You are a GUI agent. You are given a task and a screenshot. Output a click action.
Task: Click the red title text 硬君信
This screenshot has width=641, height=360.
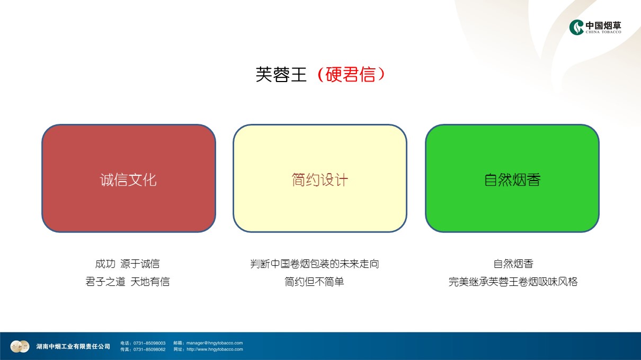coord(350,75)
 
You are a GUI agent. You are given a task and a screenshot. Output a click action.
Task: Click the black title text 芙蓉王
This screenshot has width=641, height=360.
coord(281,75)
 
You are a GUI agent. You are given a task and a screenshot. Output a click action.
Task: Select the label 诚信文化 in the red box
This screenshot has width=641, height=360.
coord(128,180)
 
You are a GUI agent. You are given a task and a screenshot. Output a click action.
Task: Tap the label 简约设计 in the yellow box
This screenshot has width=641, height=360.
coord(320,180)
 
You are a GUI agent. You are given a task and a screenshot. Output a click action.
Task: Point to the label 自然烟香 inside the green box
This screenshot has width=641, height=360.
coord(512,180)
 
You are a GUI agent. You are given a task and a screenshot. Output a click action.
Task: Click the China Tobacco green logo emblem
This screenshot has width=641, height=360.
coord(576,28)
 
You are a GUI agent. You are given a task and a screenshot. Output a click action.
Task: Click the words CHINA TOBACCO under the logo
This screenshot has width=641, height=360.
coord(603,32)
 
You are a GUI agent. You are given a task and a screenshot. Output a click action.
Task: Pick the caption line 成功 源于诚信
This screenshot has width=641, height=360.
coord(127,264)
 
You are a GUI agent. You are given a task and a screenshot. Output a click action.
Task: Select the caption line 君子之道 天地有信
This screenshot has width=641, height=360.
coord(127,282)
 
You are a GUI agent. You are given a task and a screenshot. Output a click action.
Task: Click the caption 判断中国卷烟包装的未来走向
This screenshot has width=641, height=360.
coord(315,264)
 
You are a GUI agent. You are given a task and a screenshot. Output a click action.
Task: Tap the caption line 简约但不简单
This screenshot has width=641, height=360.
coord(314,282)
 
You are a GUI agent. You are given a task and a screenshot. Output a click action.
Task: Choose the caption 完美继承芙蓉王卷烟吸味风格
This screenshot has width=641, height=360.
coord(513,282)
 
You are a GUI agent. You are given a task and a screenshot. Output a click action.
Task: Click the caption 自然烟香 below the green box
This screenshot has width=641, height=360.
coord(513,264)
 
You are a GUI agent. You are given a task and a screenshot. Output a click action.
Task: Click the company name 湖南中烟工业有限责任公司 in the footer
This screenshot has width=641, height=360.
coord(73,347)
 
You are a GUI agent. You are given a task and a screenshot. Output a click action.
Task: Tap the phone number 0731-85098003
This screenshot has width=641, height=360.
coord(149,343)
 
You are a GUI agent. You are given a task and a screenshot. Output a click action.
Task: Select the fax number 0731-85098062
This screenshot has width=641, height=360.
coord(149,349)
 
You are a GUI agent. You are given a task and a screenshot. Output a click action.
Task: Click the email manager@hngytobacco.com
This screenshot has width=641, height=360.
coord(215,343)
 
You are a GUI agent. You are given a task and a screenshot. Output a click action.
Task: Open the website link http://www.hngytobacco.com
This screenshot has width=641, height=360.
coord(215,349)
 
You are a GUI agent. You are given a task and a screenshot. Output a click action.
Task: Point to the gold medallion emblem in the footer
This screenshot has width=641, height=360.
coord(20,347)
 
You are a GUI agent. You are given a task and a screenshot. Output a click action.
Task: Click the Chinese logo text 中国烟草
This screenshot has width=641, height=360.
coord(603,25)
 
